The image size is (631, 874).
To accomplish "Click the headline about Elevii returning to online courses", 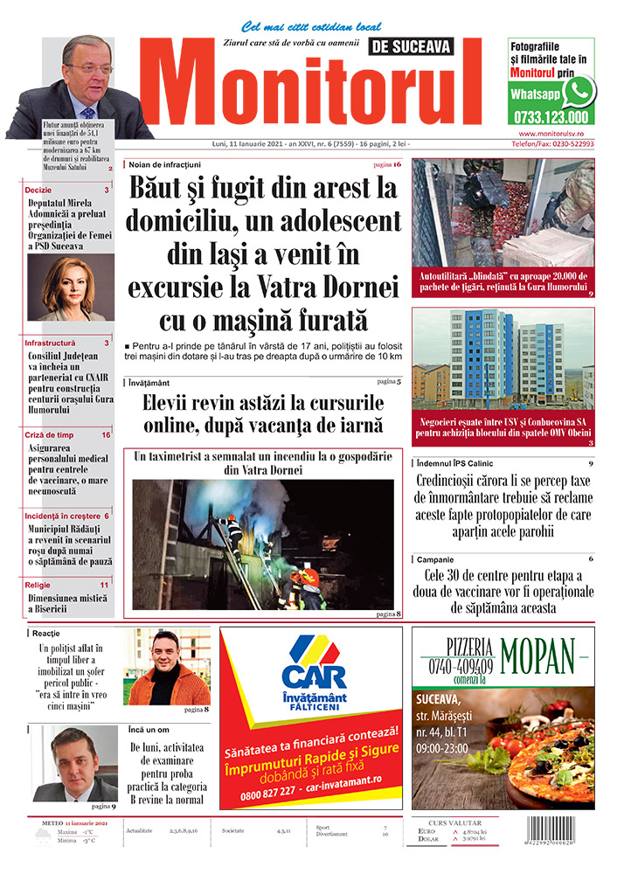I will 264,414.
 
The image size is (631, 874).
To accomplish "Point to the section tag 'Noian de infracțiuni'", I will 165,164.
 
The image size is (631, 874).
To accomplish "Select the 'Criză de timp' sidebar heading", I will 49,434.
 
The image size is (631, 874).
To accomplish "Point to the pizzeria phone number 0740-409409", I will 458,664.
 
